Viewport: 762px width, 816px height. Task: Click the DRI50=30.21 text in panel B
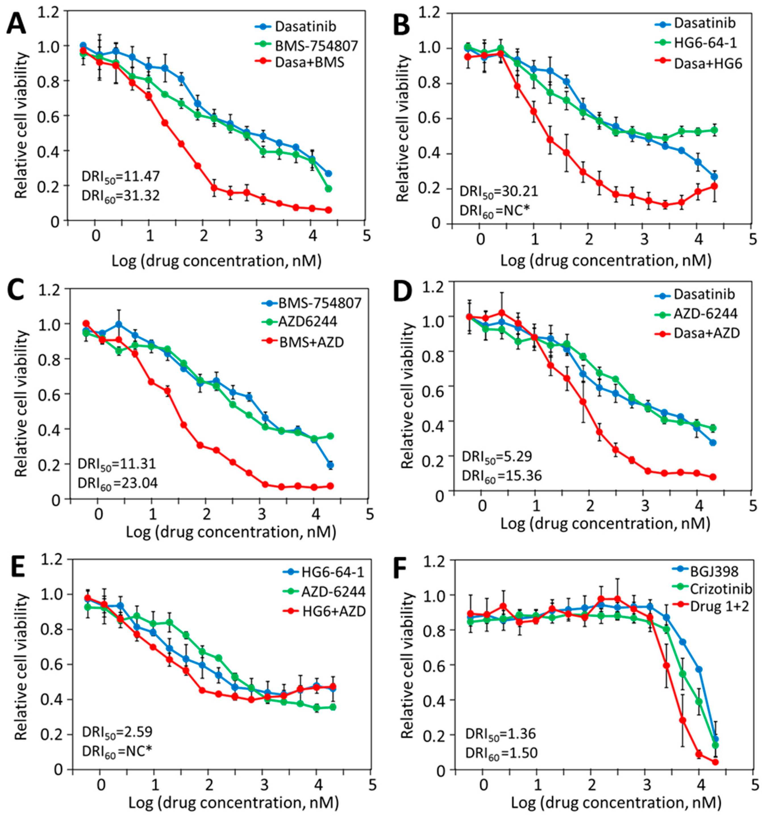click(x=498, y=191)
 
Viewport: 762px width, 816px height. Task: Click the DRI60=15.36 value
click(x=501, y=475)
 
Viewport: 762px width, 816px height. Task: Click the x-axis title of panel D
click(x=605, y=524)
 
